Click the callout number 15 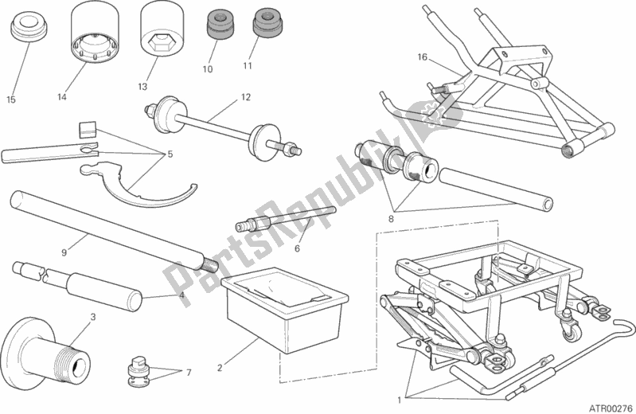tap(11, 100)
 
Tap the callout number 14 tap(61, 97)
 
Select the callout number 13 tap(142, 87)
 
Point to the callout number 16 tap(422, 57)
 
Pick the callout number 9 tap(64, 252)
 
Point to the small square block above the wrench tap(87, 128)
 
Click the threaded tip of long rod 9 tap(210, 265)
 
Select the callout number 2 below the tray tap(220, 368)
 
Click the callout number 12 tap(246, 97)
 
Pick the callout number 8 tap(391, 219)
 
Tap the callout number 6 tap(297, 248)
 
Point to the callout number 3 tap(93, 317)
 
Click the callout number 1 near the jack tap(399, 400)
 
